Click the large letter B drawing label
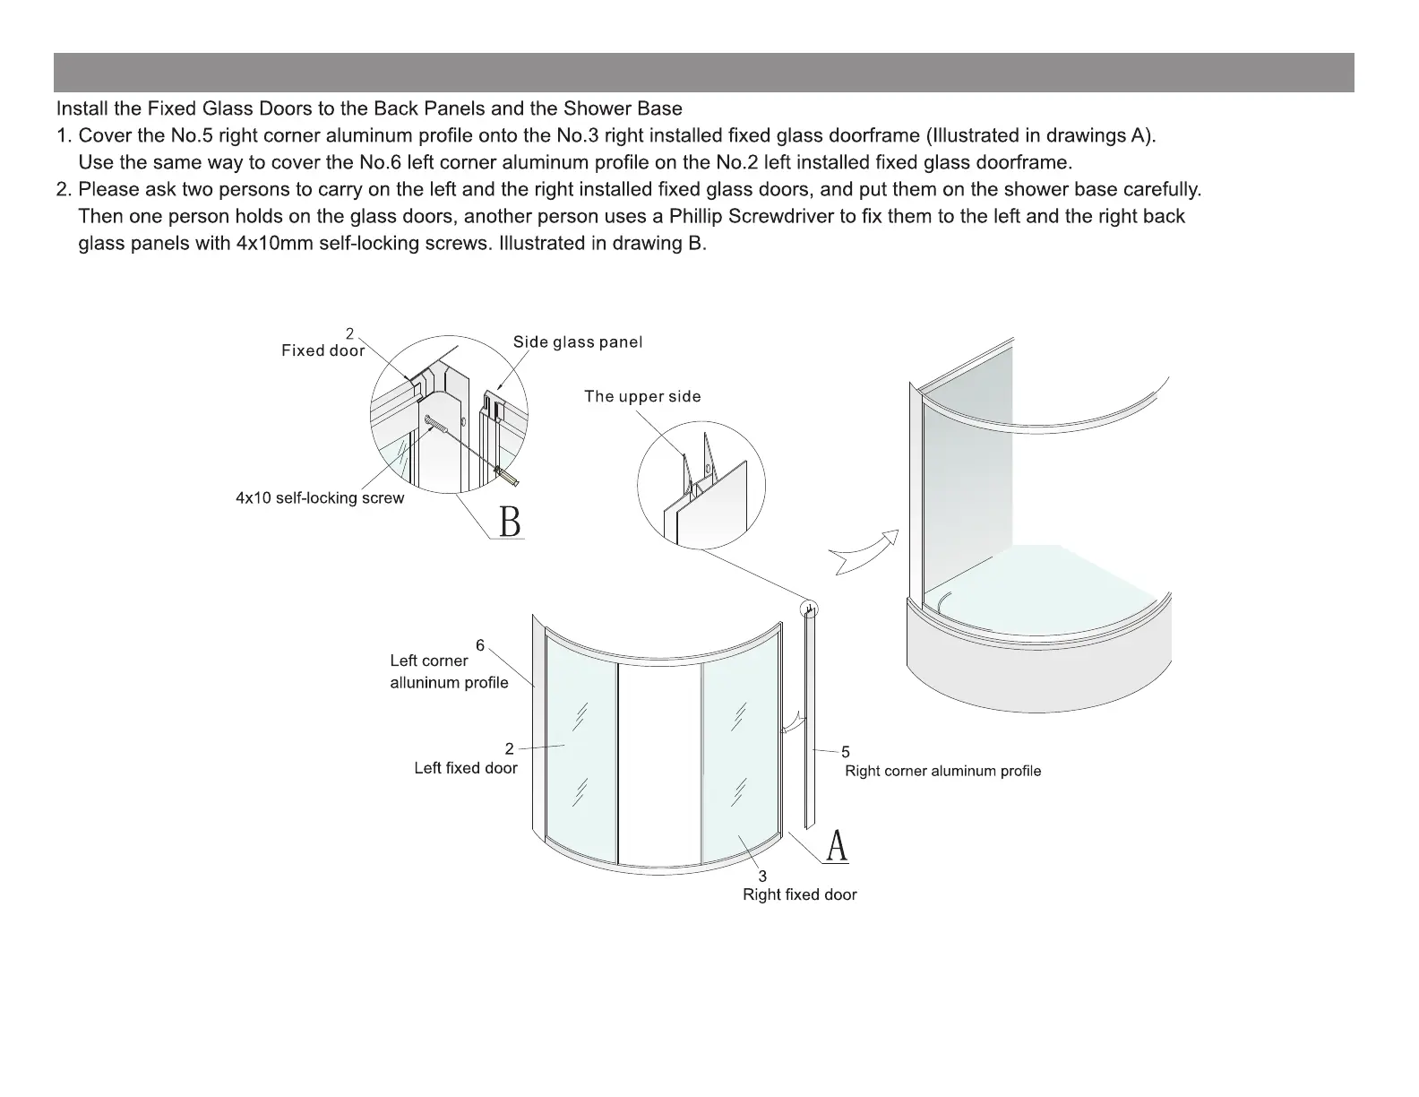point(510,522)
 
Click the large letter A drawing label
point(837,846)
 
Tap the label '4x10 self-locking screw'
point(320,498)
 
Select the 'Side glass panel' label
point(578,342)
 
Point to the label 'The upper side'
point(642,397)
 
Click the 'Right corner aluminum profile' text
point(943,772)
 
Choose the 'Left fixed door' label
point(466,768)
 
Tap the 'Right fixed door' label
point(800,895)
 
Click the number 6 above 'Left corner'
point(480,645)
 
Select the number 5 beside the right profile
point(846,753)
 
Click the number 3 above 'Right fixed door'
point(762,877)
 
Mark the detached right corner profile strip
point(810,717)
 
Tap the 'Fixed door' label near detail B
point(323,351)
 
